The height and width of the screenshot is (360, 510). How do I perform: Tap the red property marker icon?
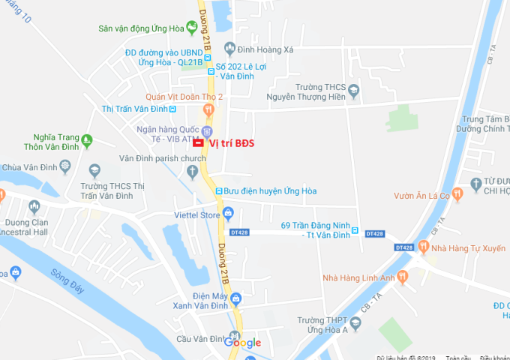tap(198, 142)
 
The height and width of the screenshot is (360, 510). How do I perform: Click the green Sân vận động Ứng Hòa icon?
tap(191, 28)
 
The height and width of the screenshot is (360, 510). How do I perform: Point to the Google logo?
tap(243, 343)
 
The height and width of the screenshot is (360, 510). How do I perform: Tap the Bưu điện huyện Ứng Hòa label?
tap(270, 191)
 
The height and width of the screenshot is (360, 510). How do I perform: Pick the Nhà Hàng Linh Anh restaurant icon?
tap(403, 277)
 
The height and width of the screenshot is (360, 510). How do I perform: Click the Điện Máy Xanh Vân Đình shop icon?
tap(236, 299)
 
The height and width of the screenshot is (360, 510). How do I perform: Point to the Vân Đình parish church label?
tap(162, 158)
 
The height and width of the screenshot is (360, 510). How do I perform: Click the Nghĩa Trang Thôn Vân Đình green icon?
tap(87, 140)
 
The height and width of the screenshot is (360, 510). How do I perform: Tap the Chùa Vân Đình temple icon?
tap(94, 169)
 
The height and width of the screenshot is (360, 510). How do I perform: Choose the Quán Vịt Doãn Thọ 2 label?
tap(184, 96)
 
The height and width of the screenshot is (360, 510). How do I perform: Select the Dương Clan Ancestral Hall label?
tap(37, 226)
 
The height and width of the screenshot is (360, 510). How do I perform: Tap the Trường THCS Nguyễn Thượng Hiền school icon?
tap(355, 90)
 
